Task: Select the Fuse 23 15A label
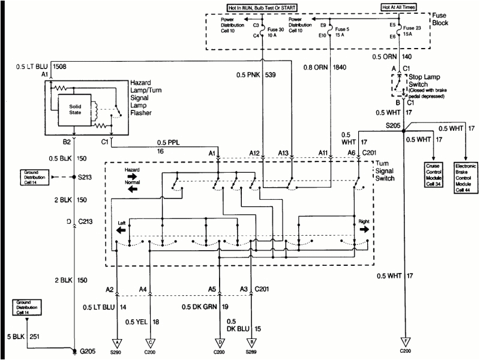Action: tap(412, 31)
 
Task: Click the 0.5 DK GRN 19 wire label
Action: tap(203, 306)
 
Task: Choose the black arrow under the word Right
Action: tap(366, 229)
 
